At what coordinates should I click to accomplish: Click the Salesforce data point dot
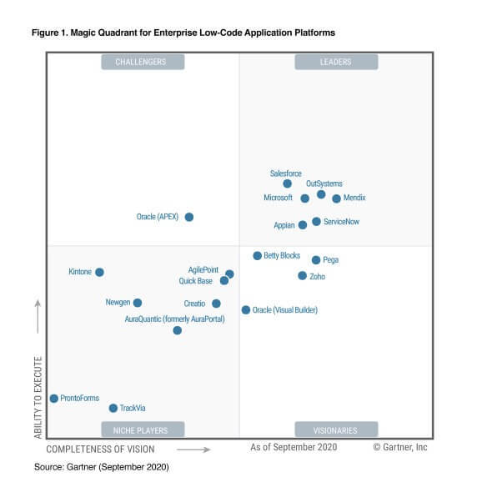click(x=288, y=183)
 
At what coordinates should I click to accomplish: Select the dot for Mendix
click(x=336, y=198)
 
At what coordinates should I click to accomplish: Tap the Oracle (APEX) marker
click(x=189, y=217)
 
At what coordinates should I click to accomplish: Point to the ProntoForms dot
click(x=54, y=399)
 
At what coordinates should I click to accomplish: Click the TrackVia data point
click(x=113, y=408)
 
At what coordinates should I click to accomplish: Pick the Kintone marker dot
click(x=99, y=272)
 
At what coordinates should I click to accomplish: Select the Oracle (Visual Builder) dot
click(x=246, y=309)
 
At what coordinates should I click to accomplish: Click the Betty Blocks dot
click(x=257, y=255)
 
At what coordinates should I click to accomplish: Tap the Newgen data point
click(x=138, y=303)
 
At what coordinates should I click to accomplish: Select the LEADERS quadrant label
click(x=335, y=62)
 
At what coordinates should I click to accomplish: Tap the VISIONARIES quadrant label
click(x=335, y=430)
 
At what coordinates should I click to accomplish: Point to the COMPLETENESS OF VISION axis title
click(x=100, y=449)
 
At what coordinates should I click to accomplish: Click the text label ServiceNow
click(x=341, y=222)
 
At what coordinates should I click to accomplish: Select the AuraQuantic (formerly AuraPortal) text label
click(x=174, y=319)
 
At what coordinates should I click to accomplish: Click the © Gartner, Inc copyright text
click(x=399, y=448)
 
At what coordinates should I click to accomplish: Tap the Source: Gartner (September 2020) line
click(x=101, y=467)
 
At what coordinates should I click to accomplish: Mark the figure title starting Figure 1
click(x=184, y=32)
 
